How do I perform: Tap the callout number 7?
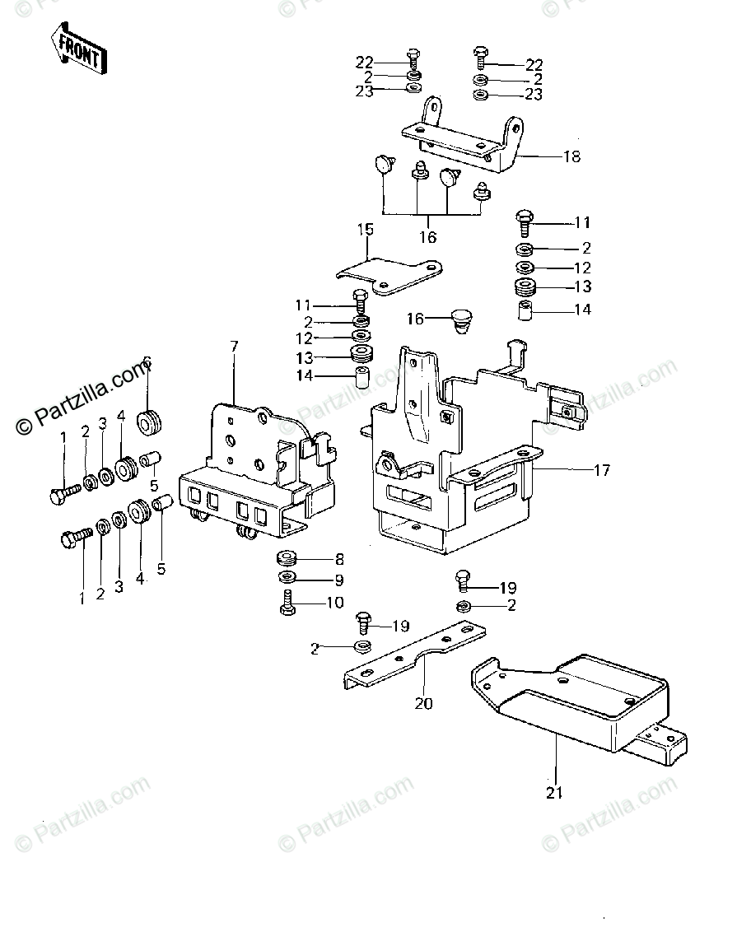point(234,346)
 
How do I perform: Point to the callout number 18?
point(571,156)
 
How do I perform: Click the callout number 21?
point(555,793)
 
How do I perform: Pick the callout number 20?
point(424,703)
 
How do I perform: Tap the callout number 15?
point(366,230)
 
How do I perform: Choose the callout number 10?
point(334,603)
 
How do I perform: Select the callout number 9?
point(334,580)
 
